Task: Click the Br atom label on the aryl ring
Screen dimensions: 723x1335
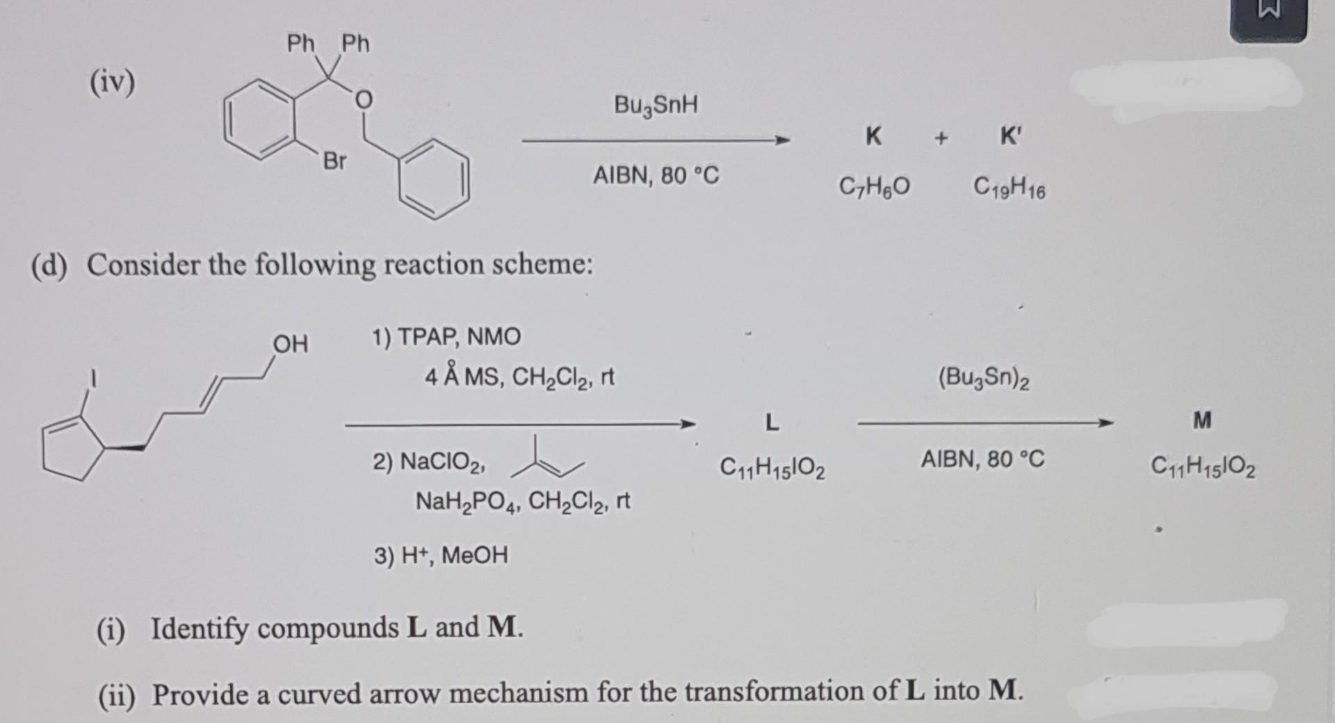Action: pyautogui.click(x=334, y=161)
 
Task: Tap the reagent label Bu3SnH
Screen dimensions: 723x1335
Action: pyautogui.click(x=656, y=106)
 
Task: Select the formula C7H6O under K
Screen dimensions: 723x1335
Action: pyautogui.click(x=875, y=187)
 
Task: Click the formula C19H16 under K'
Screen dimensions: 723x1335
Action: pyautogui.click(x=1009, y=188)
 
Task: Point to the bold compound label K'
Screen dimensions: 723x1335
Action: pyautogui.click(x=1010, y=137)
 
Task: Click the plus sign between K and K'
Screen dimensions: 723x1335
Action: pyautogui.click(x=941, y=138)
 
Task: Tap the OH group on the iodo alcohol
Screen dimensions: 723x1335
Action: pyautogui.click(x=290, y=343)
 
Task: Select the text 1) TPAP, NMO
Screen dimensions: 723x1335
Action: pyautogui.click(x=446, y=337)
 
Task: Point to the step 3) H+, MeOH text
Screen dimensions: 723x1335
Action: pyautogui.click(x=441, y=555)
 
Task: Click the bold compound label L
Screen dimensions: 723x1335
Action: pyautogui.click(x=772, y=422)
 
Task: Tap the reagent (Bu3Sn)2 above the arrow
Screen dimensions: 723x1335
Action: pyautogui.click(x=983, y=378)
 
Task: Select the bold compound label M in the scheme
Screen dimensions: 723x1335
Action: pyautogui.click(x=1202, y=420)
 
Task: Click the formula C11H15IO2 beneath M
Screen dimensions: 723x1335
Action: pyautogui.click(x=1203, y=466)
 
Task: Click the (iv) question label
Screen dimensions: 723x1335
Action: pyautogui.click(x=112, y=83)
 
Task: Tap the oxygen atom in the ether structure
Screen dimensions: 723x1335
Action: pyautogui.click(x=363, y=101)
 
